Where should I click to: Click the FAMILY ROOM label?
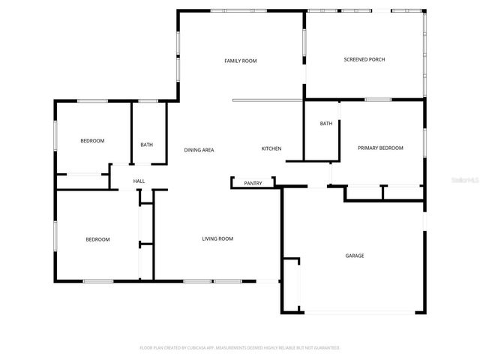point(241,60)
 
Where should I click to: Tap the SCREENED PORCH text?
point(364,59)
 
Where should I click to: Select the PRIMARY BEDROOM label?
point(380,148)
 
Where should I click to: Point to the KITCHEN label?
point(271,148)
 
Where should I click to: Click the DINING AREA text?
point(199,150)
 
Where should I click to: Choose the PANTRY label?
point(253,182)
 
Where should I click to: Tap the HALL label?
point(139,181)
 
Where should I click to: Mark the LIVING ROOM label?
point(217,238)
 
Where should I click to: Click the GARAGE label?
point(355,256)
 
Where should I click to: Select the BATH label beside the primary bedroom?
point(326,124)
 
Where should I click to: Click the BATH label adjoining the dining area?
point(147,145)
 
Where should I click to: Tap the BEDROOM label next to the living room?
point(97,239)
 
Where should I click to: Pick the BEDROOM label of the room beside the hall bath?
point(92,141)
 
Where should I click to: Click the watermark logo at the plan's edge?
point(466,181)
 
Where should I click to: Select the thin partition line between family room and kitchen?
point(268,100)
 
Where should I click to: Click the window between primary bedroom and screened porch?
point(379,99)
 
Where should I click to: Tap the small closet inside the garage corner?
point(291,285)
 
